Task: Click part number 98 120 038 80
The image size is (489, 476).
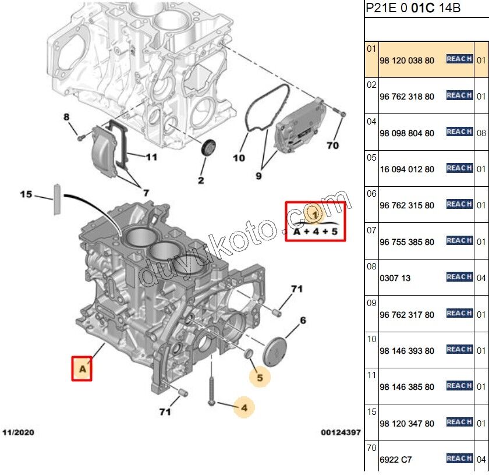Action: (x=406, y=60)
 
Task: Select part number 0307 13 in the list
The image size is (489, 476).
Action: (x=395, y=278)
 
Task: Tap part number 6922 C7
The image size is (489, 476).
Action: (x=395, y=460)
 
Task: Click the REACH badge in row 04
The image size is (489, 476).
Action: (x=459, y=132)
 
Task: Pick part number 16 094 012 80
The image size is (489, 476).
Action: (x=406, y=169)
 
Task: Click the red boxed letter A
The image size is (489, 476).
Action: (x=82, y=368)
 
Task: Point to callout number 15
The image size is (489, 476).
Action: (x=26, y=194)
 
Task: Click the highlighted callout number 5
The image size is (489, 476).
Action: (x=260, y=378)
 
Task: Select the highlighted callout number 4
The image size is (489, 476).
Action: (x=244, y=408)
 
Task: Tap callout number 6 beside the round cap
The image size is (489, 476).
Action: (x=303, y=320)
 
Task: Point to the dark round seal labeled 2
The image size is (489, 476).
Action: (x=207, y=148)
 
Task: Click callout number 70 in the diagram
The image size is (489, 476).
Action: (x=332, y=145)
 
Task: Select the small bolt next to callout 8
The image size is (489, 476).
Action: (x=81, y=136)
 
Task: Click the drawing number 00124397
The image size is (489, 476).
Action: (x=341, y=433)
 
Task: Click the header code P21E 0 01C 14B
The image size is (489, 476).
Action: (x=413, y=9)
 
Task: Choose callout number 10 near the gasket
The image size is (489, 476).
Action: (x=239, y=157)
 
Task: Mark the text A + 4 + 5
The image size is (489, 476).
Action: (x=314, y=232)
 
